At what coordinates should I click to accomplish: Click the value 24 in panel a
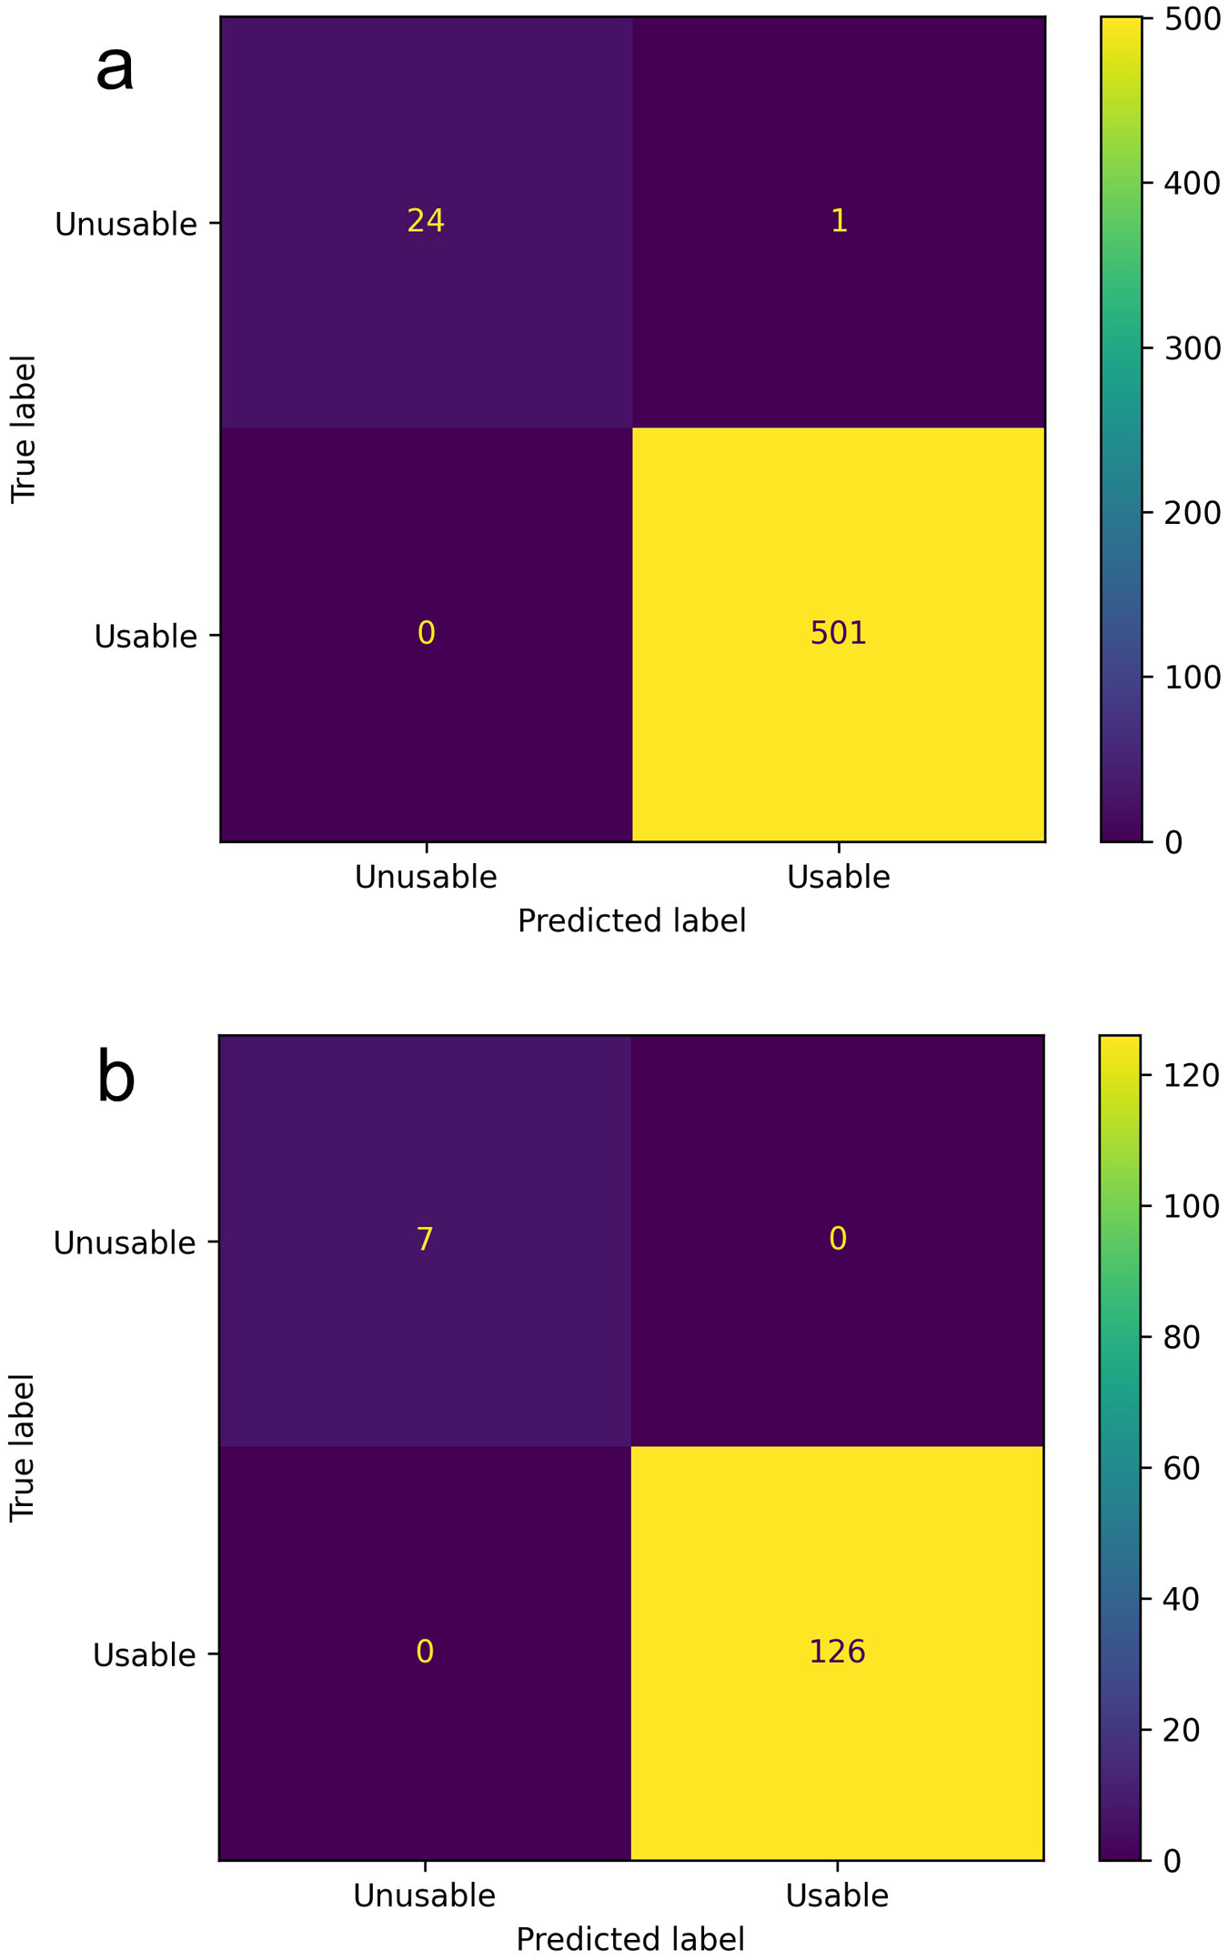426,221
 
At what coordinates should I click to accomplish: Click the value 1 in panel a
839,221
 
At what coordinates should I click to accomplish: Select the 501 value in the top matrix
838,633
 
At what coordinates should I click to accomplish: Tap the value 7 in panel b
425,1239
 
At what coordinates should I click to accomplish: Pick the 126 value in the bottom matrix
837,1651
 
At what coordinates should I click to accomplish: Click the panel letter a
116,68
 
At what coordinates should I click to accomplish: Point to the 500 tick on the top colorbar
1193,19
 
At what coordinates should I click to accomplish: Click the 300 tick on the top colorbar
1193,348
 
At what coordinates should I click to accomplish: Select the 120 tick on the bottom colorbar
1192,1076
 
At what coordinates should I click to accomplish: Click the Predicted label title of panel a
631,921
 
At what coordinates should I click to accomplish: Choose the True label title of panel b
22,1448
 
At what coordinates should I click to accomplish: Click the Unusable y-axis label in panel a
126,225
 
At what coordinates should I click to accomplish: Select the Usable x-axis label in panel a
838,877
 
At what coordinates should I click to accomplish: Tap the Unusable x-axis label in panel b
424,1895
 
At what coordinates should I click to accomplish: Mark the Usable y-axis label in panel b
145,1655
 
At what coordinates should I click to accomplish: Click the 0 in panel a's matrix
426,633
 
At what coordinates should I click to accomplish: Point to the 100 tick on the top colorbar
1193,678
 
